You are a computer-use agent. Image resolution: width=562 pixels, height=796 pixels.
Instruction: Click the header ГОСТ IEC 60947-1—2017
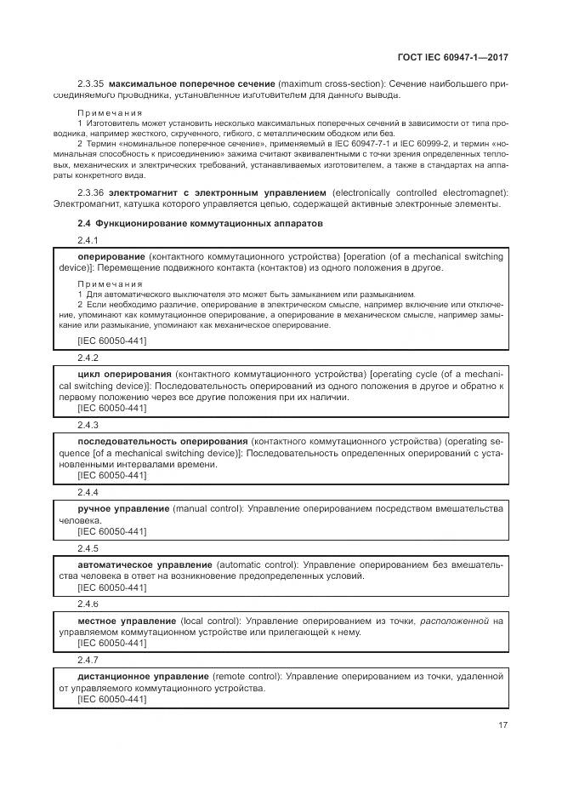click(x=457, y=57)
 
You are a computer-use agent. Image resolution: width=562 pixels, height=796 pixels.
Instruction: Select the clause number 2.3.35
click(x=90, y=84)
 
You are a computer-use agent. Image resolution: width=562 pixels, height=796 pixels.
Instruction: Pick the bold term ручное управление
click(x=123, y=508)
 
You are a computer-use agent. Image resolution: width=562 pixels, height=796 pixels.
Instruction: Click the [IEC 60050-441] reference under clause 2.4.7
click(x=111, y=699)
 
